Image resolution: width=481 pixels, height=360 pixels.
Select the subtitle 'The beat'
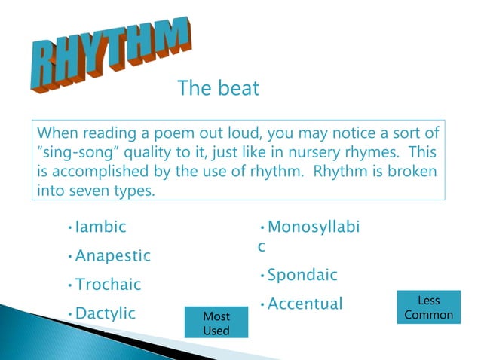(x=218, y=88)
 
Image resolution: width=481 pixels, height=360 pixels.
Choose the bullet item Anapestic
(x=112, y=256)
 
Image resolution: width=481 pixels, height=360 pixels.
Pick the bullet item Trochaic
(x=109, y=285)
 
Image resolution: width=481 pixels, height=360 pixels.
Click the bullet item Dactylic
(x=105, y=313)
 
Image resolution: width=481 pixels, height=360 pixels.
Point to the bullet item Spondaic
(x=302, y=275)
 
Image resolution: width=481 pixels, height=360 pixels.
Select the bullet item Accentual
(x=305, y=304)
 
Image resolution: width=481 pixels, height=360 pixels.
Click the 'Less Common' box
(x=429, y=307)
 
